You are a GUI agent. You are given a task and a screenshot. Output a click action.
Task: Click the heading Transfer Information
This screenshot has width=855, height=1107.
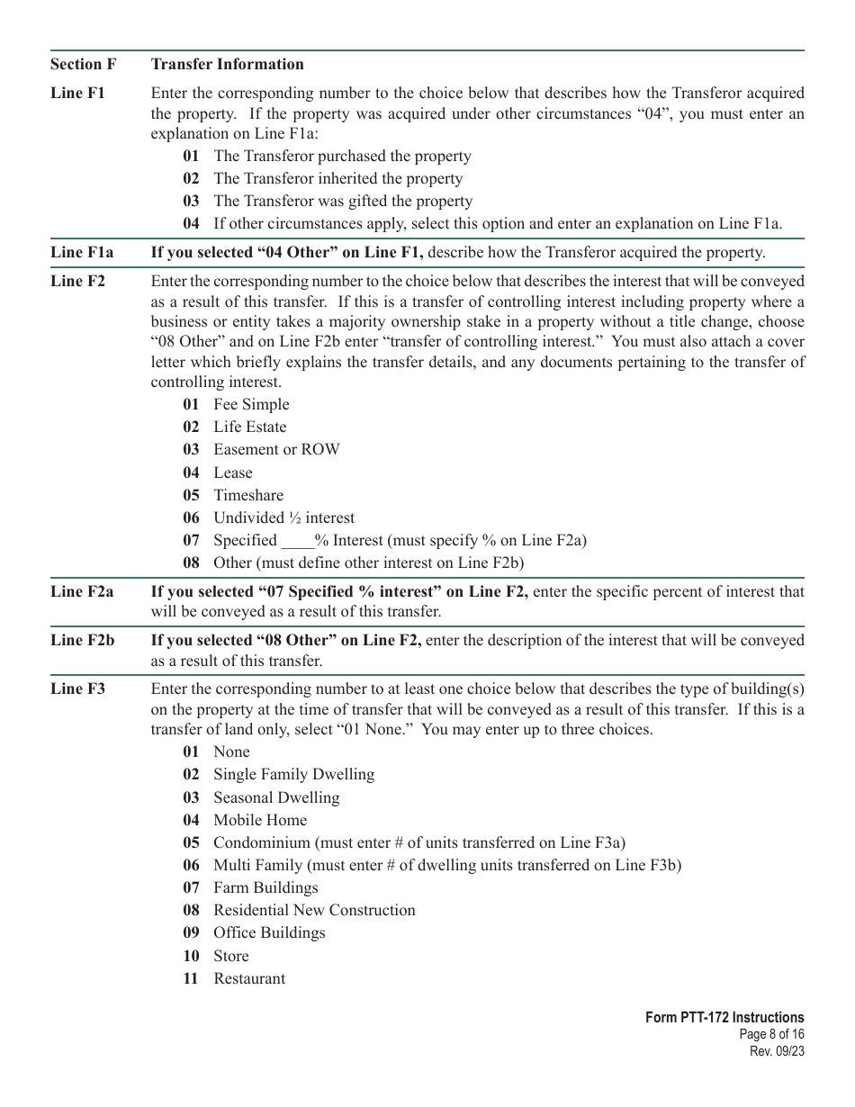pos(228,64)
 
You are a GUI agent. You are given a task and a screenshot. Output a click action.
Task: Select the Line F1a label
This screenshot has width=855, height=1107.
pos(82,252)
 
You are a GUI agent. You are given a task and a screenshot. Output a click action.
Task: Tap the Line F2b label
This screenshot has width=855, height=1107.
pos(82,640)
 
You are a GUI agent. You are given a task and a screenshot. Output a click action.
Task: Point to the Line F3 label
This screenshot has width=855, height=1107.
pos(77,688)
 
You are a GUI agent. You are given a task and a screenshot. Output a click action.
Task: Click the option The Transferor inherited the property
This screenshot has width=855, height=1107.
pos(337,178)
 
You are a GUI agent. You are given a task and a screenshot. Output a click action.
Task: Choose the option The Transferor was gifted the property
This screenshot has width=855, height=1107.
pos(342,201)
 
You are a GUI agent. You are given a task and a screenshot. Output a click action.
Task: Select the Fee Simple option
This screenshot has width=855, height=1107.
pos(251,404)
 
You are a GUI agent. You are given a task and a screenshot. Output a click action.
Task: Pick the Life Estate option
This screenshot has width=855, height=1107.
pos(249,427)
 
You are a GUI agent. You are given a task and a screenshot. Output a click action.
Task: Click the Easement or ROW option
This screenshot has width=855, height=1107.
pos(276,449)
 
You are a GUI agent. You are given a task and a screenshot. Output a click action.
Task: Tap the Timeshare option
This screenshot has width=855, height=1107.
pos(247,495)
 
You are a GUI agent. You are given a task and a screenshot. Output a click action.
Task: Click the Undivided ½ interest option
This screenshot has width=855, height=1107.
pos(283,517)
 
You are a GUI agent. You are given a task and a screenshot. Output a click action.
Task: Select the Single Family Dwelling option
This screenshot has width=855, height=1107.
pos(293,774)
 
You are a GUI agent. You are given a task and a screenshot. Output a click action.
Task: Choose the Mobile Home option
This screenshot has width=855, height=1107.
pos(260,820)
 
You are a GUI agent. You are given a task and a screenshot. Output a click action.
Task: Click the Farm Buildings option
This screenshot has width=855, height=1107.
pos(265,887)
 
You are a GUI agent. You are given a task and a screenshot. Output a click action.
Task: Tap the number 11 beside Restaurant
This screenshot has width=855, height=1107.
pos(191,978)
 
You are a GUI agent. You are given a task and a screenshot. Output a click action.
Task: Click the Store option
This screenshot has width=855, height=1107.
pos(230,956)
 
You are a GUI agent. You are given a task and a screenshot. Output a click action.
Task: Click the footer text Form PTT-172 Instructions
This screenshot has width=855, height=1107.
pos(724,1018)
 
